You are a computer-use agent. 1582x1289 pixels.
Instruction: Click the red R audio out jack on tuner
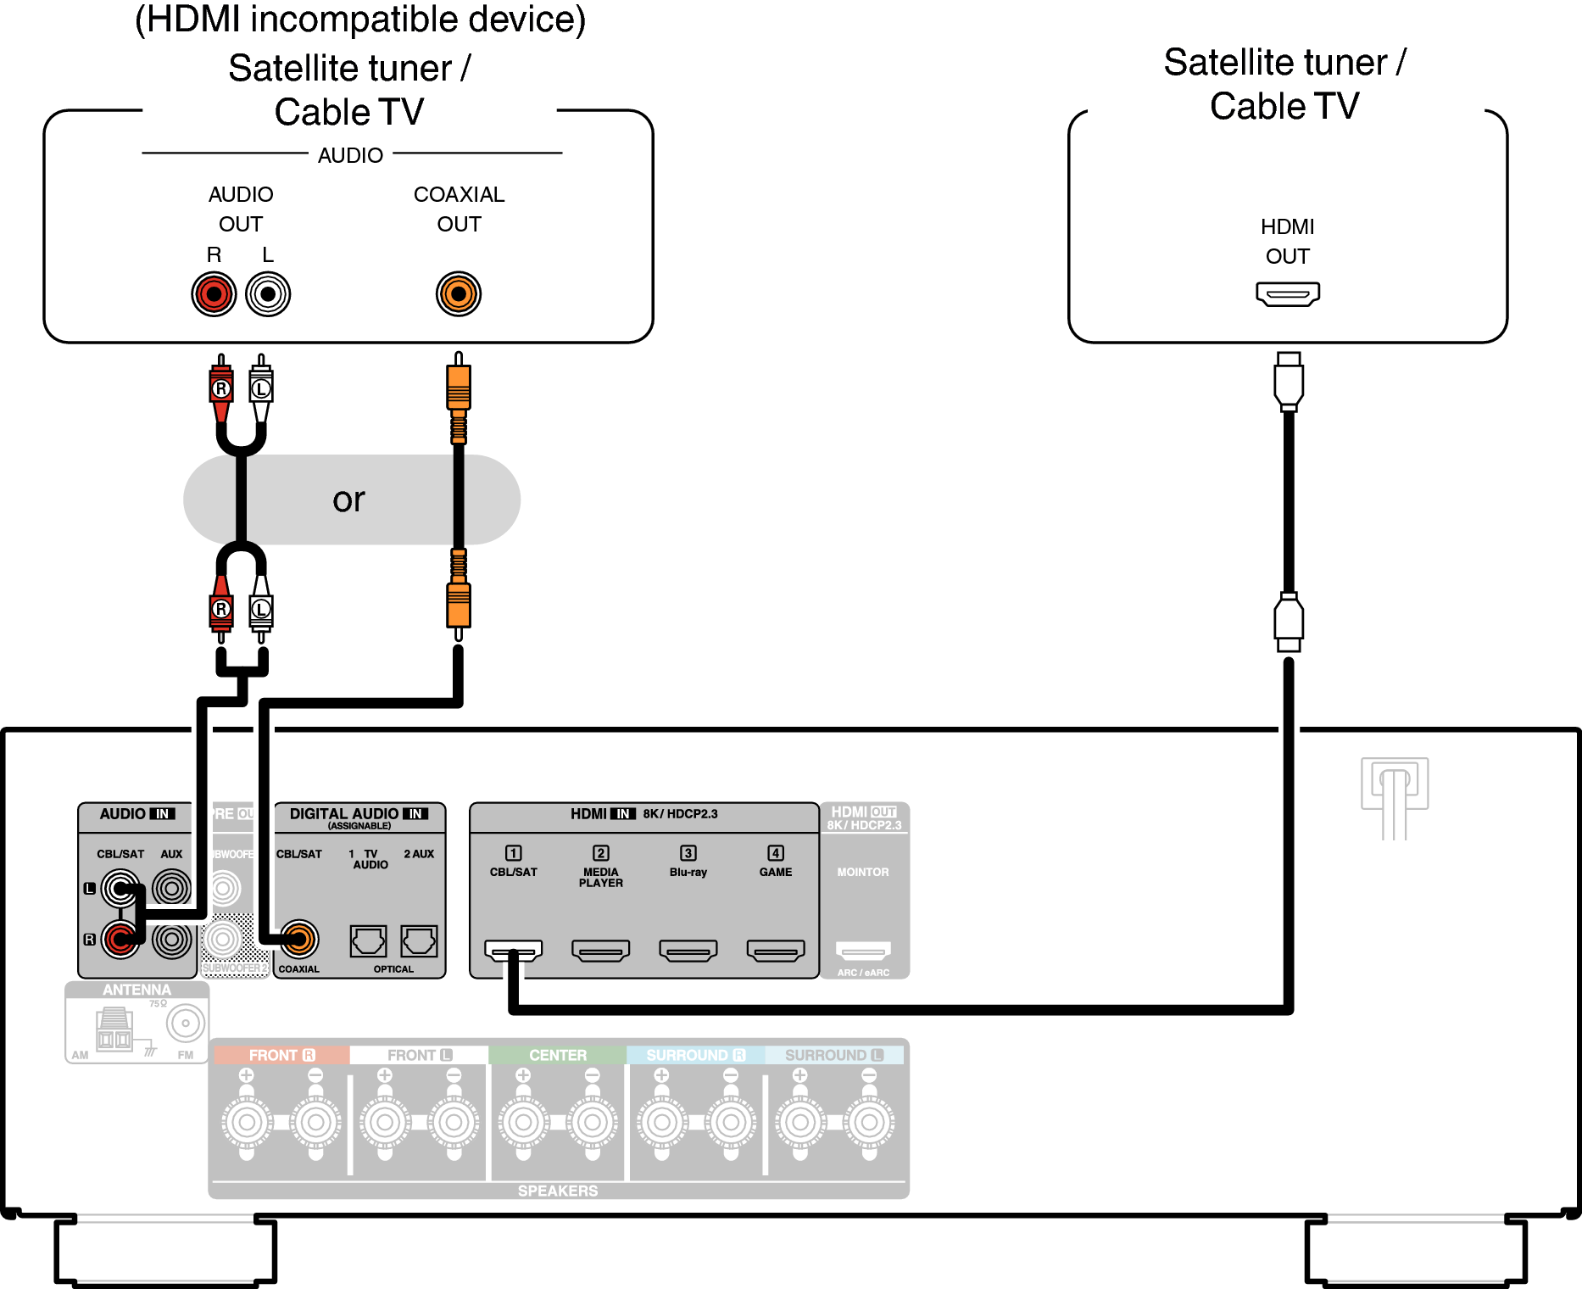[x=214, y=294]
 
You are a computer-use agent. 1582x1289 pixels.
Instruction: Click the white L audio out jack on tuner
[x=268, y=294]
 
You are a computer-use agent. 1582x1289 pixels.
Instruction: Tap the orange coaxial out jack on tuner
[x=459, y=294]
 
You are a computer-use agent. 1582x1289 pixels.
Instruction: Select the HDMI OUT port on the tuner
[x=1288, y=294]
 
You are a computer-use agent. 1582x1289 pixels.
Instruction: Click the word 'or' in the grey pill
[x=348, y=499]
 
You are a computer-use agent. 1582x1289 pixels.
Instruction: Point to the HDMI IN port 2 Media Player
[x=601, y=951]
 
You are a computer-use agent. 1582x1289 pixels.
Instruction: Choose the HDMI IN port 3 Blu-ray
[x=688, y=951]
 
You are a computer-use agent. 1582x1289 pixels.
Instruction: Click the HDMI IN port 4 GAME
[x=776, y=951]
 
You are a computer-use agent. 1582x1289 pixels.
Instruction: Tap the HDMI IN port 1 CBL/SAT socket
[x=514, y=951]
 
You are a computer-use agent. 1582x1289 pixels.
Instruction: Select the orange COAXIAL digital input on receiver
[x=298, y=939]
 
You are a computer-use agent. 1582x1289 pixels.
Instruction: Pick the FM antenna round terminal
[x=186, y=1023]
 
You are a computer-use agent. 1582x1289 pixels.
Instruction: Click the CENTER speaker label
[x=558, y=1055]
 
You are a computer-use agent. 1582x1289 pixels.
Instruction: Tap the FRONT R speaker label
[x=281, y=1055]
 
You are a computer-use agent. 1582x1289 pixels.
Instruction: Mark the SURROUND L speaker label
[x=834, y=1055]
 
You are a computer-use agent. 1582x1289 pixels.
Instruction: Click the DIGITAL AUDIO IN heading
[x=359, y=814]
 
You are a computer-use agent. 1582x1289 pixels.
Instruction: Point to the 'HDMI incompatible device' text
[x=360, y=20]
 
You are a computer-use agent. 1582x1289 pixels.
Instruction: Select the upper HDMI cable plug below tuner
[x=1289, y=381]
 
